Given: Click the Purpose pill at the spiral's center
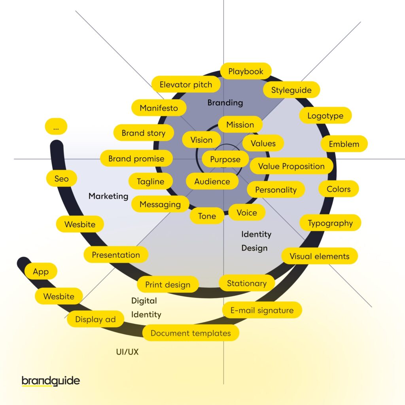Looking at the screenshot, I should (x=225, y=159).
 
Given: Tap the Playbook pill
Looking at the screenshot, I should (x=246, y=72).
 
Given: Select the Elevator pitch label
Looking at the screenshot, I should (x=185, y=85).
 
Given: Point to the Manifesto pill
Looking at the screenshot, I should (x=159, y=108).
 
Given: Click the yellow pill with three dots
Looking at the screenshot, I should (x=56, y=127).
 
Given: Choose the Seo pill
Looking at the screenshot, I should (x=61, y=179).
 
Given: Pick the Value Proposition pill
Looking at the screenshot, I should (x=291, y=167).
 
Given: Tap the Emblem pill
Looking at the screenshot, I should (x=344, y=144).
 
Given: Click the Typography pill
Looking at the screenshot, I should (x=330, y=223).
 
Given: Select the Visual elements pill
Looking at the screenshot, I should (x=319, y=256).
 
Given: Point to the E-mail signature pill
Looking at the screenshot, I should (x=262, y=310).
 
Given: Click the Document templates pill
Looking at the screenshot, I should (x=191, y=333).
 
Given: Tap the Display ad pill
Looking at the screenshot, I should (x=95, y=319).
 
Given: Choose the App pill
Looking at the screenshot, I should (x=41, y=272).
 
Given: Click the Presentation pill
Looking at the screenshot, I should (x=116, y=255).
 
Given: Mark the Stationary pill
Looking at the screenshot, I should (x=247, y=283).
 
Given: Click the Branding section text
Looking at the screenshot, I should (x=225, y=103).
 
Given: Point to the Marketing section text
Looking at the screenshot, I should (x=108, y=196).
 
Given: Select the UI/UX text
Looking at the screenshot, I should (x=127, y=352).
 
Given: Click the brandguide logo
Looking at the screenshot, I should (x=51, y=381).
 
